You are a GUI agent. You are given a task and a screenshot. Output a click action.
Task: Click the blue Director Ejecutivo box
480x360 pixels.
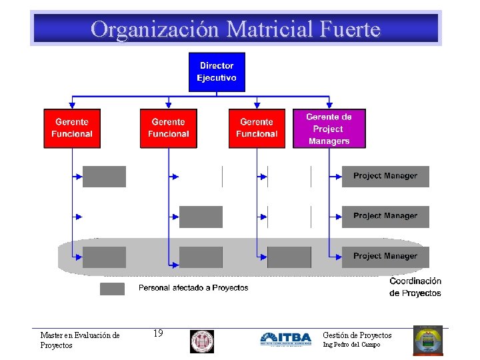point(217,72)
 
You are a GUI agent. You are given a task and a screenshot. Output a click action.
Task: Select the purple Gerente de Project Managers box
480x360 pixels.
point(329,129)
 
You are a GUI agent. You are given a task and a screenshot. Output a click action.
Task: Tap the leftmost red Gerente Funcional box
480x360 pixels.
point(72,128)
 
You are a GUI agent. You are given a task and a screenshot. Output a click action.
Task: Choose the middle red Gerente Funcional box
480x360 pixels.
point(169,128)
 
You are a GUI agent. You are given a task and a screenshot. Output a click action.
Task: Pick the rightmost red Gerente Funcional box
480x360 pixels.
point(257,128)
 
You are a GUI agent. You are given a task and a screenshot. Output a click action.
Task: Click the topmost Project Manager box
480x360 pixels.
point(385,176)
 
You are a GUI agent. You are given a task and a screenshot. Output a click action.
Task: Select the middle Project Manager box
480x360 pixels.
point(385,216)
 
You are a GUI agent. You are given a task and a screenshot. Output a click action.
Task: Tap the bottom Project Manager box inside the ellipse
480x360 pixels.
point(385,256)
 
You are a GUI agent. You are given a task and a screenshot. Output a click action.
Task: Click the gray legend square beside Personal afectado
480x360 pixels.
point(112,289)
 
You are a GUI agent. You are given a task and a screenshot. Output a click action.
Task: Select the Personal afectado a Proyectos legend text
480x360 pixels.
point(193,288)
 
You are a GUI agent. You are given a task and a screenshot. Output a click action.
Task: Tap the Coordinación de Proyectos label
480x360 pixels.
point(415,287)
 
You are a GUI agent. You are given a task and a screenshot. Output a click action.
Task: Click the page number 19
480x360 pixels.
point(158,333)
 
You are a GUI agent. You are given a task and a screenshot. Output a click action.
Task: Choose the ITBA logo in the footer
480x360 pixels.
point(285,339)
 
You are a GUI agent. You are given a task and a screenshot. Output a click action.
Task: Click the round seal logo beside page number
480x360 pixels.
point(201,341)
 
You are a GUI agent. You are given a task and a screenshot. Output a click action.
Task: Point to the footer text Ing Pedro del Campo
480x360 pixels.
point(351,345)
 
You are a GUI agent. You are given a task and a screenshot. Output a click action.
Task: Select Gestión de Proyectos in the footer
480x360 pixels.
point(357,335)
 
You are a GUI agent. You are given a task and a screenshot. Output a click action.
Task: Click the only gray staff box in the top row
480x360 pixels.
point(104,176)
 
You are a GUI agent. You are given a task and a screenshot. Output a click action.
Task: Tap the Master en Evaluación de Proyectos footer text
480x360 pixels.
point(79,340)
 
